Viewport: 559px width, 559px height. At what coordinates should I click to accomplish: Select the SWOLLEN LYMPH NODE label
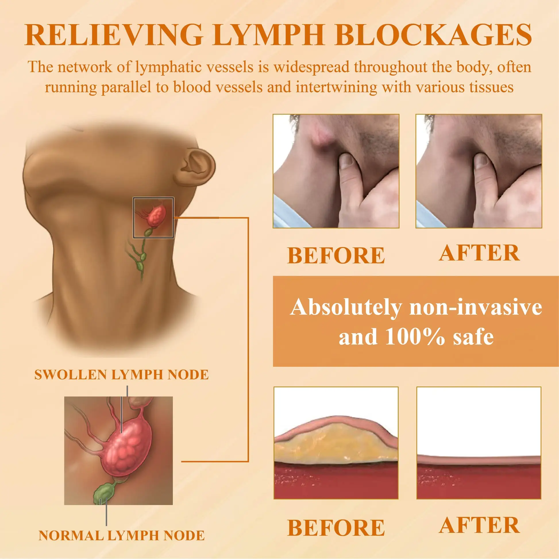pyautogui.click(x=121, y=375)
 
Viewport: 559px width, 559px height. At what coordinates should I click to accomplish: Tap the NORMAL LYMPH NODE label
pyautogui.click(x=121, y=535)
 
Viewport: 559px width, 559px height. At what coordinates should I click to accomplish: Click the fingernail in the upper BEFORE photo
pyautogui.click(x=346, y=161)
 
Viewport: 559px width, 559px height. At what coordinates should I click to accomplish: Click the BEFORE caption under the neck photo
pyautogui.click(x=336, y=255)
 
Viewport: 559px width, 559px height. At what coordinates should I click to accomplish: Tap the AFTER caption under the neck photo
pyautogui.click(x=479, y=253)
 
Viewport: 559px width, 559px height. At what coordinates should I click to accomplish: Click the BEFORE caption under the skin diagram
pyautogui.click(x=336, y=528)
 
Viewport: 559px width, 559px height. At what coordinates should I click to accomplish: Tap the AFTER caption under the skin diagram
pyautogui.click(x=479, y=525)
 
